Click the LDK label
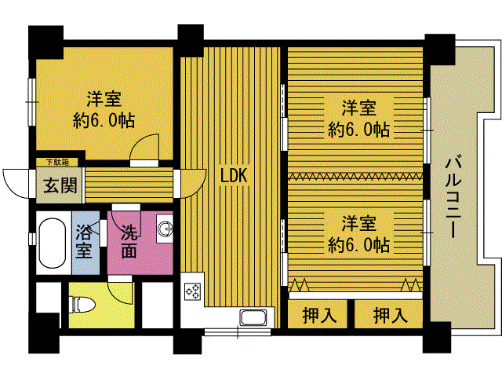coord(234,175)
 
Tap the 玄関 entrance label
coord(60,185)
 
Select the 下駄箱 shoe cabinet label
coord(57,163)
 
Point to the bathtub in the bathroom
coord(52,243)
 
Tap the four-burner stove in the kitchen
coord(193,291)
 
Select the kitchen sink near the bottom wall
coord(253,318)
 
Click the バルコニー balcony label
coord(453,196)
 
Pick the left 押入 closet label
coord(319,315)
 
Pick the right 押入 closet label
coord(391,315)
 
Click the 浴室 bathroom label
coord(84,242)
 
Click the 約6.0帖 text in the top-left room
coord(104,120)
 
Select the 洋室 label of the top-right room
coord(359,108)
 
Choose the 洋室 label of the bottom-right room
coord(359,223)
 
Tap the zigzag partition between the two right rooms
coord(355,176)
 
